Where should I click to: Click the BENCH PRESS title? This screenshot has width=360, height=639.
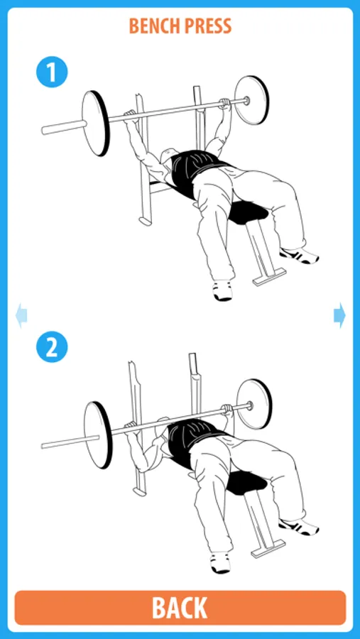(180, 26)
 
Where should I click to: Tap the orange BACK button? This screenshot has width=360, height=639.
(180, 608)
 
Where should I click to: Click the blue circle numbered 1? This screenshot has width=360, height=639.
(52, 72)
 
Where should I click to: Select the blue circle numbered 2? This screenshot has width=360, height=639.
(52, 346)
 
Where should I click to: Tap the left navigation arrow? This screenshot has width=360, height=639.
(21, 315)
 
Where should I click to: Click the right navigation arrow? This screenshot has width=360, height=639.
(339, 315)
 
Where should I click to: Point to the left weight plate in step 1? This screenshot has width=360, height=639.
(97, 123)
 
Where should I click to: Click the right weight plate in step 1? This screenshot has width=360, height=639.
(252, 100)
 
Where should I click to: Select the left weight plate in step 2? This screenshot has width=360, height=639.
(98, 435)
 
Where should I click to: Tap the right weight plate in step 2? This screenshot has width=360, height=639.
(254, 404)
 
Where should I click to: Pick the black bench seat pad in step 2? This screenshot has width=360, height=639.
(246, 484)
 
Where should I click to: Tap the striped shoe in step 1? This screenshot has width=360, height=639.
(300, 255)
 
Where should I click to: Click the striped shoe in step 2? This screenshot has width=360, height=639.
(299, 527)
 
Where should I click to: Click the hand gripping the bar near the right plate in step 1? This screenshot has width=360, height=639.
(224, 103)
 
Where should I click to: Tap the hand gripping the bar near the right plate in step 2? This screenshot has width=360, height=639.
(227, 409)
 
